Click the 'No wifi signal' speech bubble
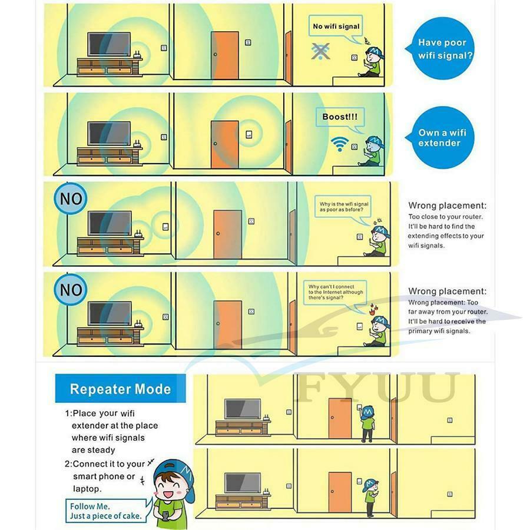[x=336, y=26]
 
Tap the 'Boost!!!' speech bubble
[x=340, y=117]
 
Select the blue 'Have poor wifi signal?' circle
[x=440, y=49]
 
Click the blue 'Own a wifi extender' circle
[x=440, y=138]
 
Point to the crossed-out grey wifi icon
[x=320, y=51]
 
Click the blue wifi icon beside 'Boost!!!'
[x=339, y=144]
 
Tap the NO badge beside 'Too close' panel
[x=71, y=198]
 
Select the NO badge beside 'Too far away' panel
[x=71, y=289]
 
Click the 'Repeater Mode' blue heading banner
[x=120, y=389]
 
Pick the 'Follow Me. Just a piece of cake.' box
[x=106, y=511]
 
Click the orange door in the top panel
[x=225, y=55]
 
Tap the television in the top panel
[x=109, y=44]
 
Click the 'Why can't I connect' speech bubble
[x=335, y=292]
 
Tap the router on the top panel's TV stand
[x=137, y=55]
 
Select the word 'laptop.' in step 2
[x=87, y=489]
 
